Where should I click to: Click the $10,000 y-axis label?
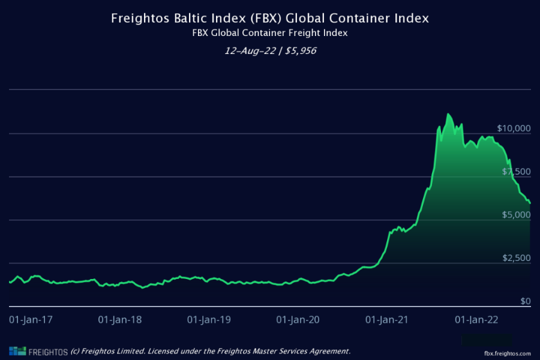(x=514, y=128)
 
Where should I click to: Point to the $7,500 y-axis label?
(x=517, y=172)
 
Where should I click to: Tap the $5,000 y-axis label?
(x=517, y=215)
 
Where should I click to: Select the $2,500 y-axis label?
(x=517, y=258)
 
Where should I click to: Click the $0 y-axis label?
(x=526, y=301)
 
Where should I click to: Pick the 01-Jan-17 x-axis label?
(x=31, y=319)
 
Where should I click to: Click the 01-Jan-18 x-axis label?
(x=120, y=319)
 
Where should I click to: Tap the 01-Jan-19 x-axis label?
(x=209, y=319)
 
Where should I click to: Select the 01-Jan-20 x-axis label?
(x=298, y=319)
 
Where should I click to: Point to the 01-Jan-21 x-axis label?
(x=386, y=319)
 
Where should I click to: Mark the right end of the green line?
(x=530, y=203)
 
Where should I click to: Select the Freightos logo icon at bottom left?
(x=17, y=351)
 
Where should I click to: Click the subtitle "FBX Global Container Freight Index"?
(x=270, y=33)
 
